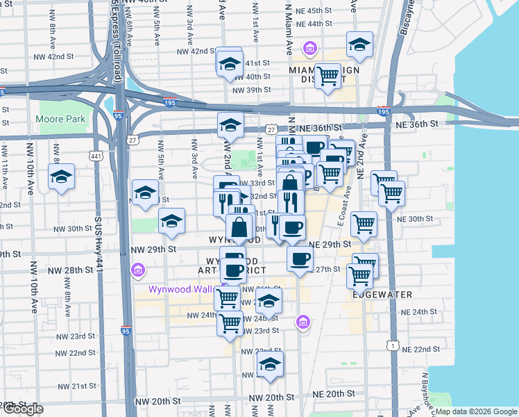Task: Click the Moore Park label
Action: (x=61, y=119)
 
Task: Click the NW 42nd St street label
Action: (x=194, y=51)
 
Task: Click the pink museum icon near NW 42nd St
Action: (x=309, y=49)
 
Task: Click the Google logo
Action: (x=22, y=409)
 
